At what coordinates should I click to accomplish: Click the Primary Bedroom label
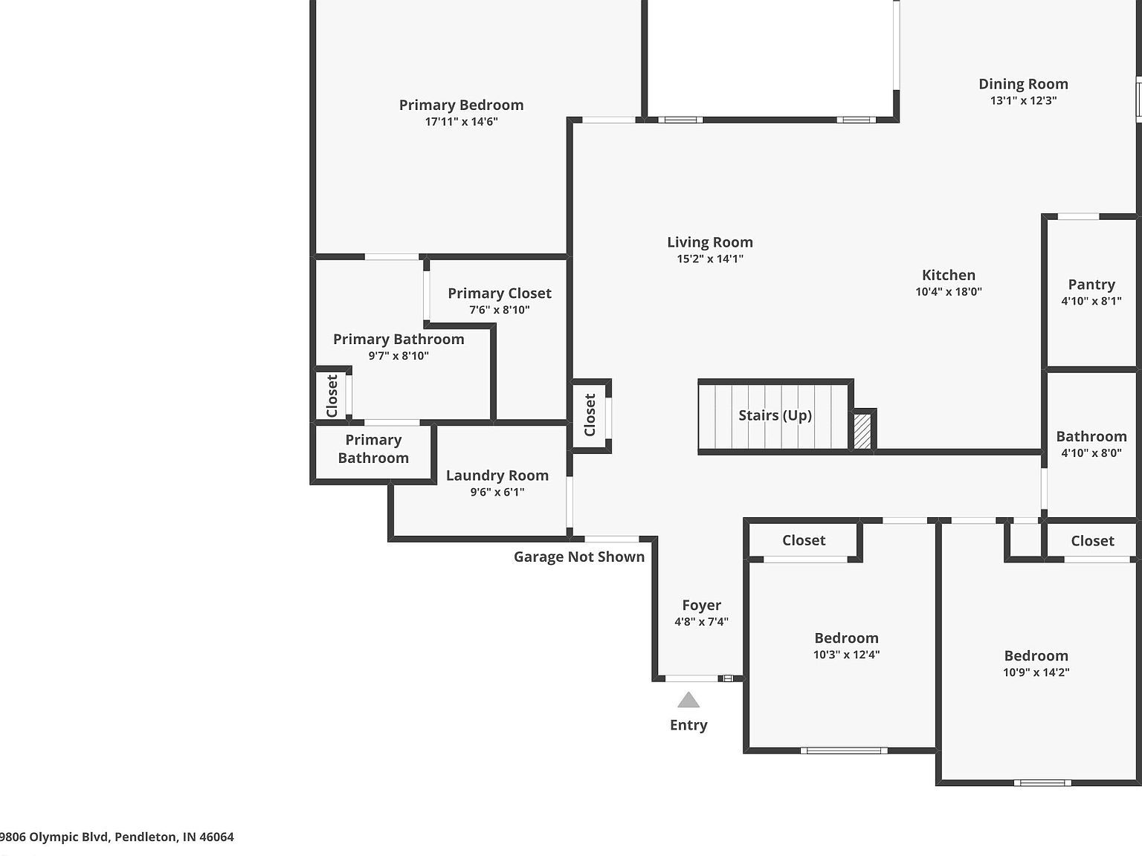point(461,105)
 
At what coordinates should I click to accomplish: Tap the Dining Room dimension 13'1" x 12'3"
point(1023,100)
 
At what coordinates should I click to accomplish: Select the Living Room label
point(709,242)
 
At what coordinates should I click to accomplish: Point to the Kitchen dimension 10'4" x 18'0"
point(948,292)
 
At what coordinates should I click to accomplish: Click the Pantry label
point(1091,285)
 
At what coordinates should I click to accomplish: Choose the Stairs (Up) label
point(774,415)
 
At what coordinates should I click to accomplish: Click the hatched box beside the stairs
point(862,431)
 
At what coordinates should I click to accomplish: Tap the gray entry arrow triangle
point(688,700)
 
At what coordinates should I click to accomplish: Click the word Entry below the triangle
point(688,725)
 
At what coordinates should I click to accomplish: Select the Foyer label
point(701,606)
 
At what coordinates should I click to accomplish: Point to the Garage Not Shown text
point(578,557)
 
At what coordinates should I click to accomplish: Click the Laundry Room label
point(497,476)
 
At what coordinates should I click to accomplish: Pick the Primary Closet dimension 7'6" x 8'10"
point(499,310)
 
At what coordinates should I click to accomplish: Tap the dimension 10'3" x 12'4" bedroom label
point(846,655)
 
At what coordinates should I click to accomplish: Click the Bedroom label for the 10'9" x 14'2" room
point(1036,655)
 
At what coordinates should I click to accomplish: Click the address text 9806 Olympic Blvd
point(117,837)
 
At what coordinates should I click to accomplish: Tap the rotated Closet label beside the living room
point(590,415)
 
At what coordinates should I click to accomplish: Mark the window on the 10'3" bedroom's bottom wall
point(844,750)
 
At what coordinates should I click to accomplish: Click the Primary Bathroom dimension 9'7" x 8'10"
point(399,356)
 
